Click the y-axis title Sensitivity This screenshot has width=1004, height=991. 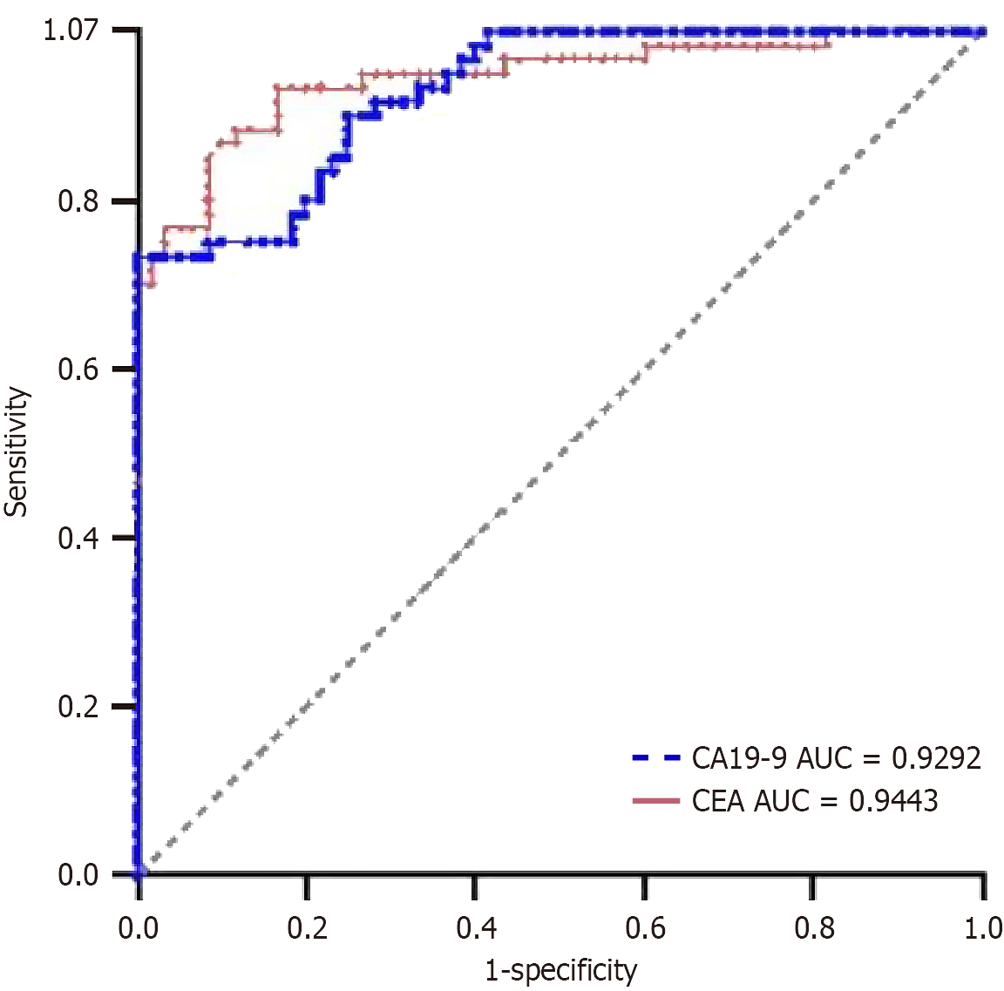[17, 452]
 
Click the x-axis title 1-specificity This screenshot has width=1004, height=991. [561, 969]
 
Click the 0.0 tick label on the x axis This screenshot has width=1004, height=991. [139, 928]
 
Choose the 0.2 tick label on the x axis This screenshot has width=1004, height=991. [308, 928]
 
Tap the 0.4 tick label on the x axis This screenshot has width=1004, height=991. [477, 928]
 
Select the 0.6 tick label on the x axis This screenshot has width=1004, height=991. [646, 928]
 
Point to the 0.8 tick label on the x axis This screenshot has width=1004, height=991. [814, 928]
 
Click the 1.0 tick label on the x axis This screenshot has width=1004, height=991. [982, 928]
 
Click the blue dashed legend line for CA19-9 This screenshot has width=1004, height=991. [655, 758]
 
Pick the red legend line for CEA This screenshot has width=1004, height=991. [655, 800]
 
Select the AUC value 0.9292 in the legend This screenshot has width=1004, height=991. [936, 758]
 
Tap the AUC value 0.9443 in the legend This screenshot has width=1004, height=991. [893, 800]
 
